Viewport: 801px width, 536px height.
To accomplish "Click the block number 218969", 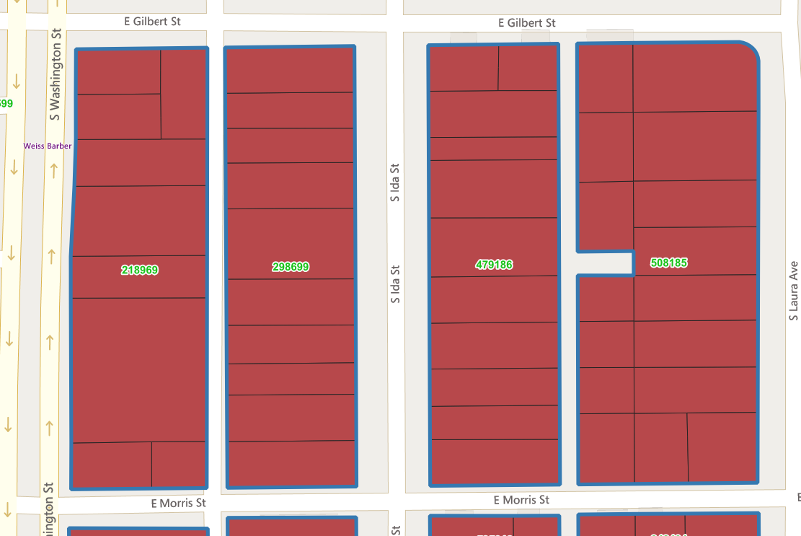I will [140, 270].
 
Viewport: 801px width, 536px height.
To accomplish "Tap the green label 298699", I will [291, 267].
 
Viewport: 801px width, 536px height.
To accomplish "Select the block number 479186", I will [494, 265].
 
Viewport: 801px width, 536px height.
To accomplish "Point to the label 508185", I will [668, 263].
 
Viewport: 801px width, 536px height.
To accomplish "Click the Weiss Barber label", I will [48, 146].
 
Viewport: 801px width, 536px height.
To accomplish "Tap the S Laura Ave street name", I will [794, 291].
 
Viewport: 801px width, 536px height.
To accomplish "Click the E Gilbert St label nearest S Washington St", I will [152, 22].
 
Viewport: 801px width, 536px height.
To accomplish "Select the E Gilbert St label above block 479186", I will [527, 23].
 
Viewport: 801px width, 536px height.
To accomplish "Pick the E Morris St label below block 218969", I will [179, 502].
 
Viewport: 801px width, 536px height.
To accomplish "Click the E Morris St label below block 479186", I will [521, 500].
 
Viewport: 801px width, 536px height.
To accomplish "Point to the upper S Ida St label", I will [394, 183].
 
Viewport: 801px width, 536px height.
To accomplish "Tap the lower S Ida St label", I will [394, 284].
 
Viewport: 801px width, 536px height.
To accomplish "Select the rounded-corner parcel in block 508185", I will [695, 77].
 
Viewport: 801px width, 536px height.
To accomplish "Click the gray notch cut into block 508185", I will [606, 263].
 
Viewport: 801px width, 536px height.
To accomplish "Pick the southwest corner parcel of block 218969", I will [112, 465].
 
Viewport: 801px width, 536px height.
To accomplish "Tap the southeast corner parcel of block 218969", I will [179, 465].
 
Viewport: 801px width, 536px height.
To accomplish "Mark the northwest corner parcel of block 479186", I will [464, 68].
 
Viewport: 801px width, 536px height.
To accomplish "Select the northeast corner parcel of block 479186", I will [528, 68].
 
